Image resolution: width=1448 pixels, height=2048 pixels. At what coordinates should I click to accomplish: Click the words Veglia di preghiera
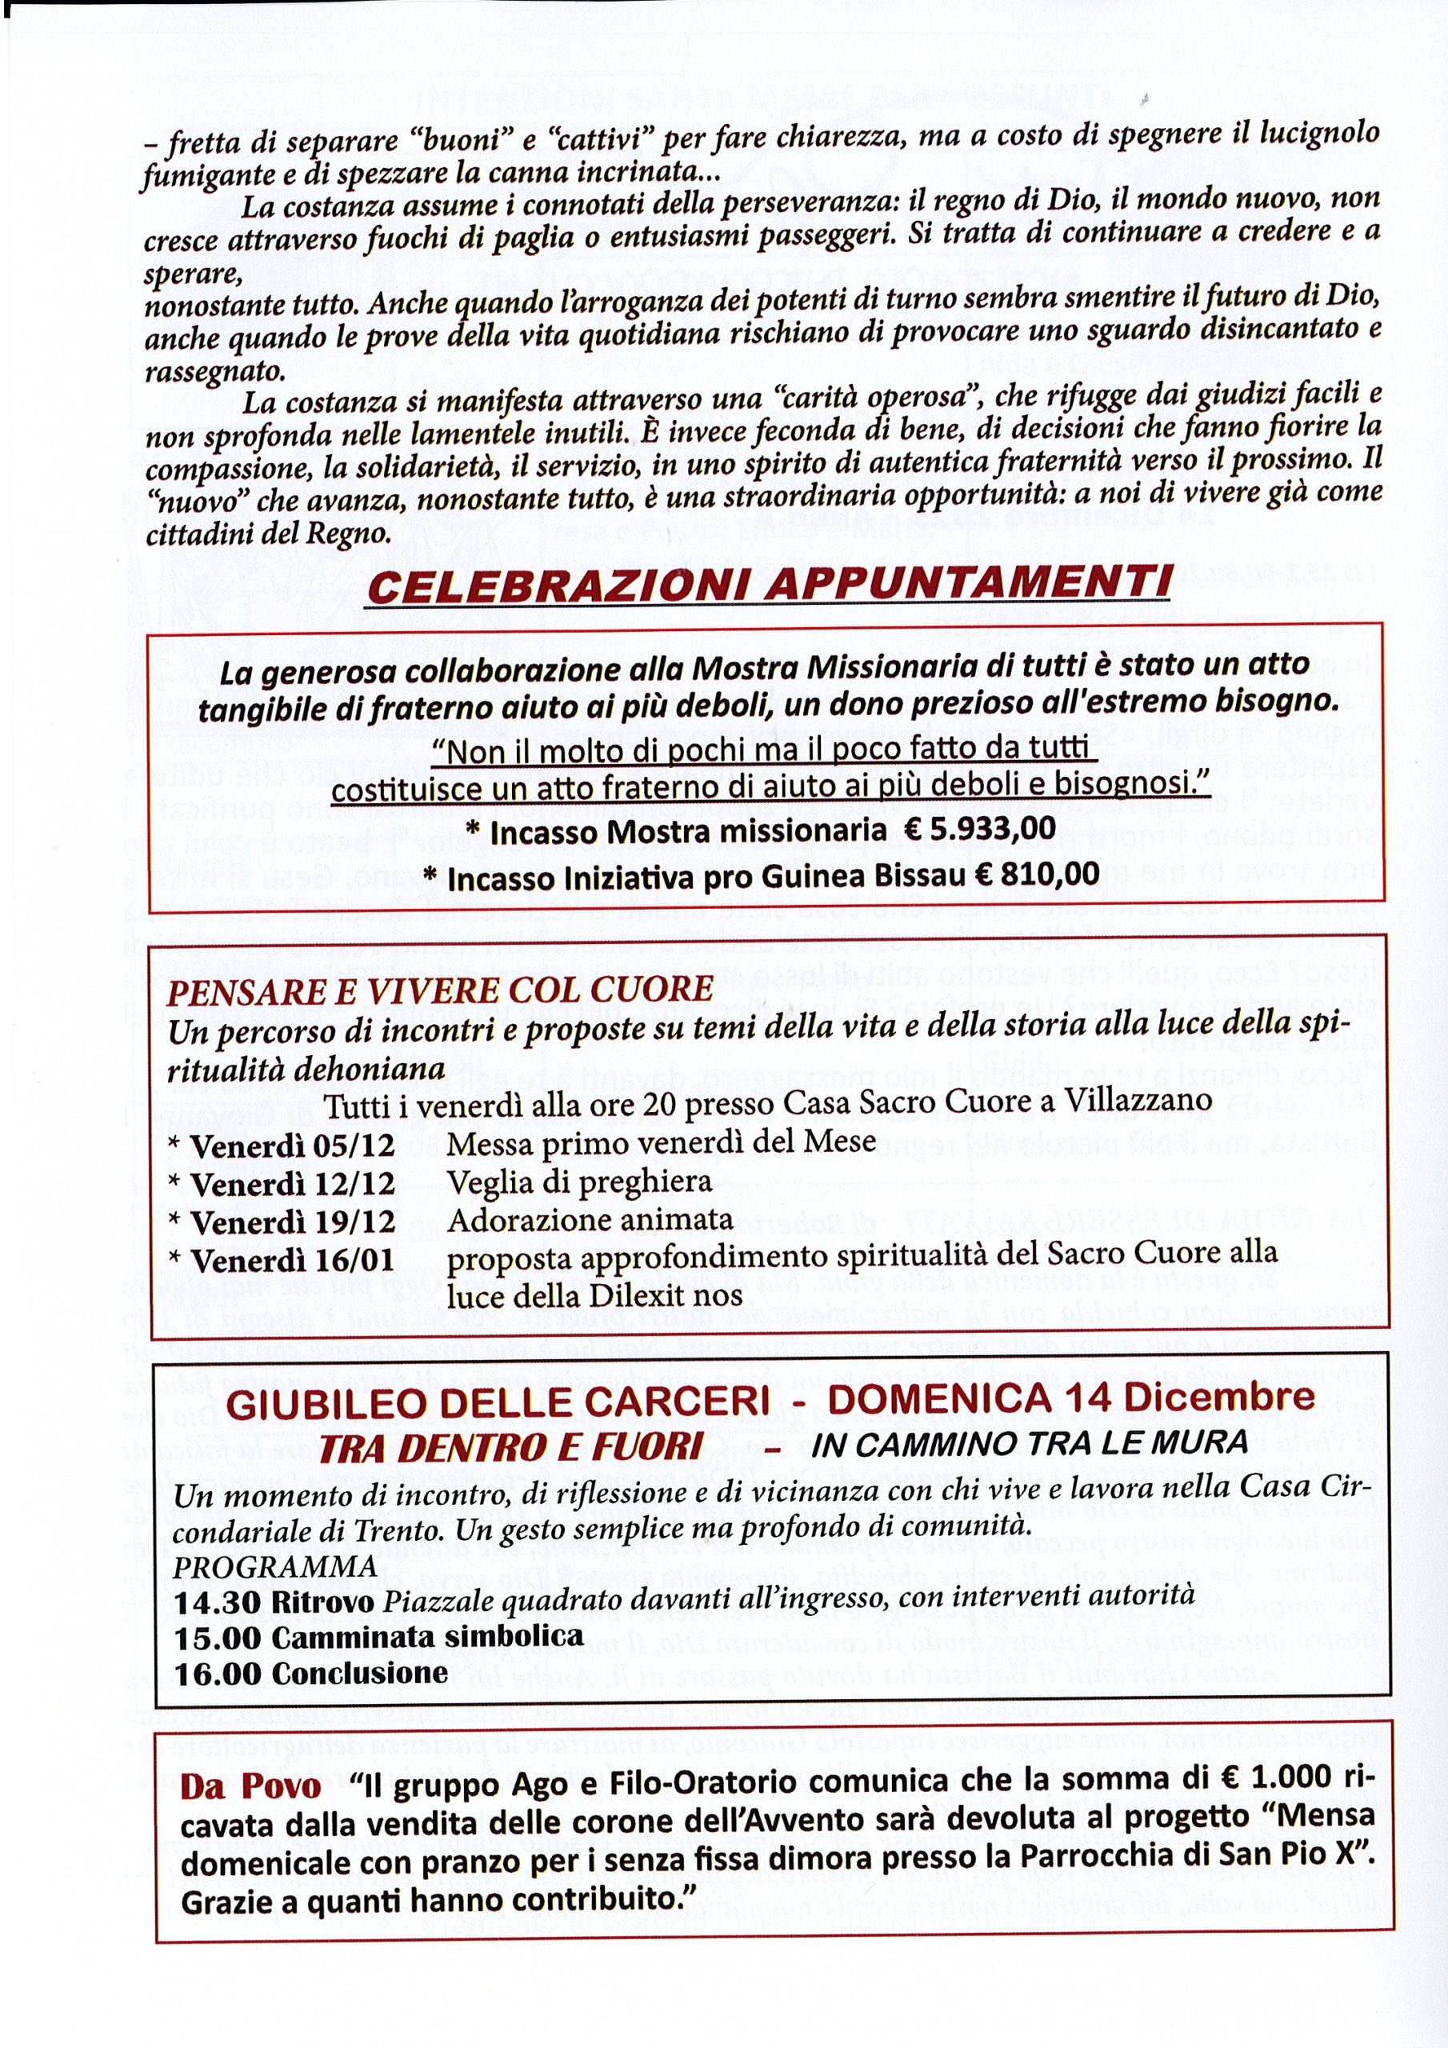click(x=580, y=1182)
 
